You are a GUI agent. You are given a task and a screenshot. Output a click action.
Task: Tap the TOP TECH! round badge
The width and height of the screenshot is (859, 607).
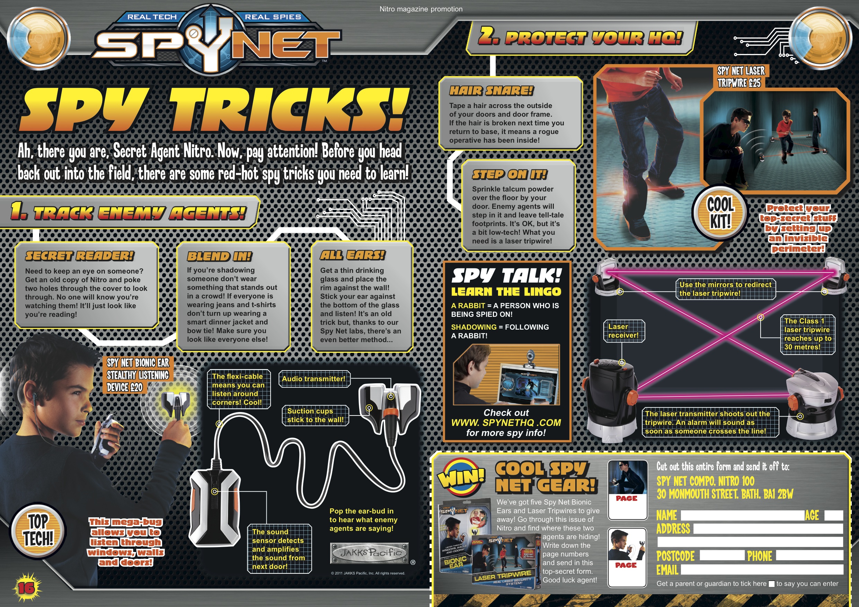(x=38, y=531)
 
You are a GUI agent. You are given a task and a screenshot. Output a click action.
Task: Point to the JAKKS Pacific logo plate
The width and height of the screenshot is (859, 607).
(x=370, y=553)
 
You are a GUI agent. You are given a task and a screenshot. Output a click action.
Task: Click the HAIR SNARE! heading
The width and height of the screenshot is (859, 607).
(x=491, y=90)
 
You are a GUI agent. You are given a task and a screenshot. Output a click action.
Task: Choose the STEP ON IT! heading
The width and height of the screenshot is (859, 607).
(x=509, y=174)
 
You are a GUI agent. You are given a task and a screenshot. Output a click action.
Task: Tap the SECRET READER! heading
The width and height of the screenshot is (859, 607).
(x=79, y=256)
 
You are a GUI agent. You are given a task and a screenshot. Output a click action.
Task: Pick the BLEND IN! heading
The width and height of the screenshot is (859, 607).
(x=219, y=256)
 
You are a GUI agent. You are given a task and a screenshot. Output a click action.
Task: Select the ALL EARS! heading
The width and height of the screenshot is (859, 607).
(x=352, y=255)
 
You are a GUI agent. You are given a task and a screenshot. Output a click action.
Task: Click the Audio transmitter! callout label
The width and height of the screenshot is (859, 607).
(x=314, y=379)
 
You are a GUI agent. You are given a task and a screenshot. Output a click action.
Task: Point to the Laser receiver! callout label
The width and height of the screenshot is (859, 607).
(x=623, y=331)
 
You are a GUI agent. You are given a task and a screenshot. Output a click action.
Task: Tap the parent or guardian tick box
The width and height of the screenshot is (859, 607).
(x=771, y=584)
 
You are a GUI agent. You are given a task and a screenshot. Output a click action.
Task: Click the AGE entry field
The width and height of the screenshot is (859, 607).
(x=834, y=515)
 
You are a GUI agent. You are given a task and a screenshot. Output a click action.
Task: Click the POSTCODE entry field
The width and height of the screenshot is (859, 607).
(x=722, y=556)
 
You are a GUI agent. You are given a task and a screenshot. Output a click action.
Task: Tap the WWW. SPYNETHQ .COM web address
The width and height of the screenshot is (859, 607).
(x=506, y=423)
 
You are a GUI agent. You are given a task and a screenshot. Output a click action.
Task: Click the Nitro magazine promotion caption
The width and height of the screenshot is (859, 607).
(x=421, y=9)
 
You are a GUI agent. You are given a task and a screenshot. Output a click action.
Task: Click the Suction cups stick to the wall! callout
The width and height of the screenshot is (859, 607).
(x=315, y=415)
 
